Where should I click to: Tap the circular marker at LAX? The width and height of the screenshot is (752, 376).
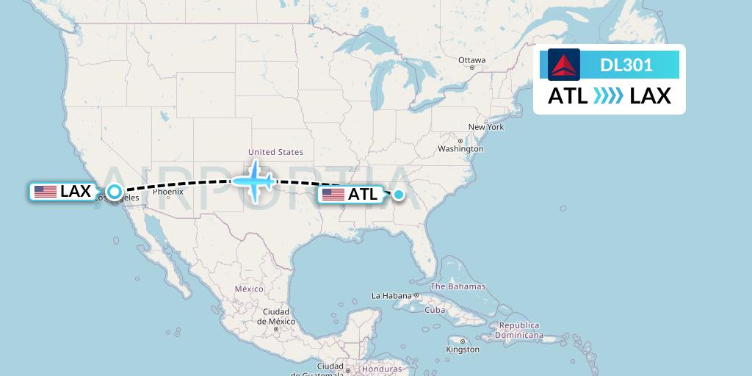click(x=114, y=192)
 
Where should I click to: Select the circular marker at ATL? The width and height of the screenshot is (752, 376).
click(x=398, y=195)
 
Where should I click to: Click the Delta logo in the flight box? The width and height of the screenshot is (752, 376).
click(x=564, y=65)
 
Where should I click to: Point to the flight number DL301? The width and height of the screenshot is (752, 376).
click(x=626, y=65)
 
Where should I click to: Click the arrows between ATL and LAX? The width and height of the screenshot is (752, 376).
click(x=609, y=96)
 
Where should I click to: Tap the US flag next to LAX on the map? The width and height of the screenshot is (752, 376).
click(x=46, y=192)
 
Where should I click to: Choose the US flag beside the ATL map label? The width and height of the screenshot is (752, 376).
click(x=333, y=195)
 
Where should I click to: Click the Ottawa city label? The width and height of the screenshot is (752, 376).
click(x=471, y=60)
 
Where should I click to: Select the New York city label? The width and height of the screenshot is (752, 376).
click(x=486, y=127)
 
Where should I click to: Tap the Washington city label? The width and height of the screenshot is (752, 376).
click(x=461, y=148)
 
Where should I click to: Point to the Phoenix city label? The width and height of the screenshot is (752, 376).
click(x=168, y=192)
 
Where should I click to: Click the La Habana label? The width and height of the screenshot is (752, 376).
click(x=391, y=296)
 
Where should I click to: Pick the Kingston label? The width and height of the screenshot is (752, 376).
click(x=463, y=350)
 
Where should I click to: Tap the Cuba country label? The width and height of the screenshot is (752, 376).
click(x=435, y=310)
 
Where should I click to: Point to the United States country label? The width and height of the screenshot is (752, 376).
click(x=276, y=153)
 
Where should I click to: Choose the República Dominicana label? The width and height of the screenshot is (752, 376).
click(x=519, y=330)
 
